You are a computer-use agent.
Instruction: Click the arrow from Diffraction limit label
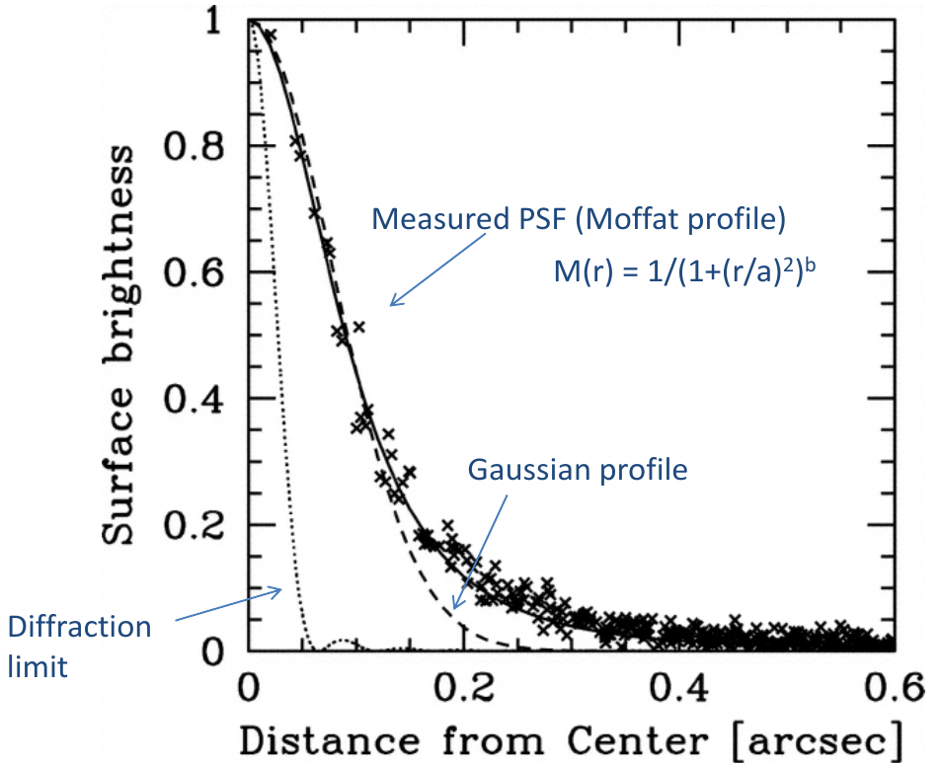tap(228, 604)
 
